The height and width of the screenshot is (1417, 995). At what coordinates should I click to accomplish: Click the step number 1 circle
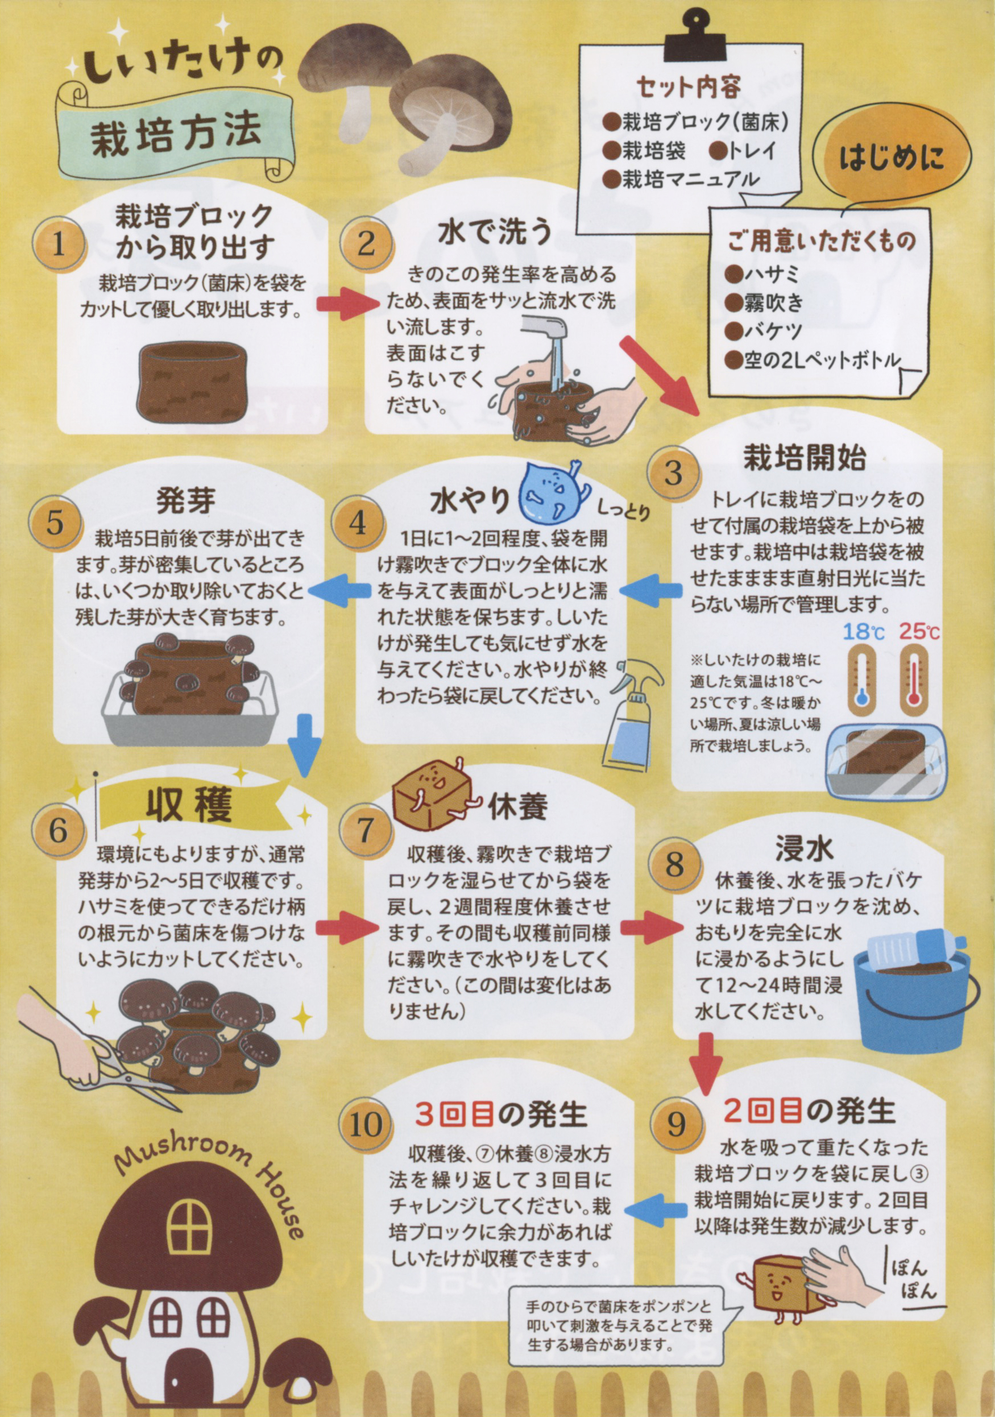(60, 245)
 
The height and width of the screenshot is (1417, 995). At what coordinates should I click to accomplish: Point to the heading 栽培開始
(805, 458)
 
